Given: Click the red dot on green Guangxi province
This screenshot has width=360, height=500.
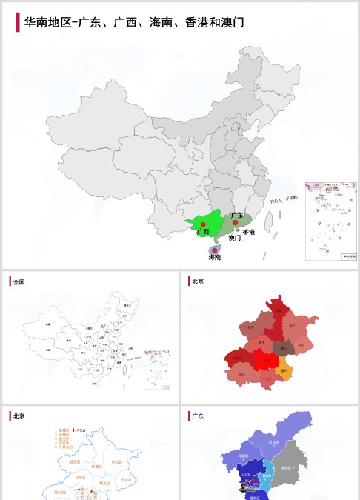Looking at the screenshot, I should (x=202, y=224).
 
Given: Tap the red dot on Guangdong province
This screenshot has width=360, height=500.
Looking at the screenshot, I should (x=235, y=221).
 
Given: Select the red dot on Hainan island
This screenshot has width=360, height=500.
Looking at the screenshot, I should (x=215, y=250).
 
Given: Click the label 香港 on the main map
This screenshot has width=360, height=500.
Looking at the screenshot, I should (x=249, y=233).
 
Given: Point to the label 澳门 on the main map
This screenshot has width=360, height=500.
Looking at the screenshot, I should (x=235, y=239).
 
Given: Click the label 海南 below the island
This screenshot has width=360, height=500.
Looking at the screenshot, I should (x=215, y=259).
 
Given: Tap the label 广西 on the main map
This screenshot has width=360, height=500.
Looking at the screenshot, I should (x=203, y=232).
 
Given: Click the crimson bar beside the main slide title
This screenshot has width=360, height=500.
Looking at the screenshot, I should (x=18, y=22).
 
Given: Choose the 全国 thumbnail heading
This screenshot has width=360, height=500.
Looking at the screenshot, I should (x=19, y=281).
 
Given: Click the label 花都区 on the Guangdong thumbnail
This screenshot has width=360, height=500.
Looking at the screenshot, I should (x=247, y=473).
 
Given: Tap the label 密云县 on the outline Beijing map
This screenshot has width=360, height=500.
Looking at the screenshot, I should (x=116, y=461).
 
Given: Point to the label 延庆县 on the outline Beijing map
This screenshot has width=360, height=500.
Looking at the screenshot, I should (x=74, y=461).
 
